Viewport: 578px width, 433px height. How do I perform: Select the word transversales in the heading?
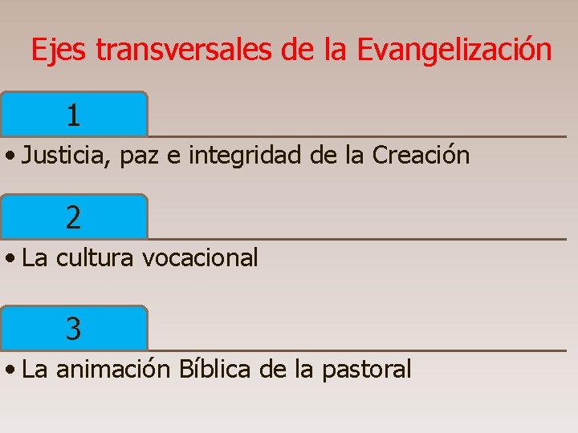(184, 51)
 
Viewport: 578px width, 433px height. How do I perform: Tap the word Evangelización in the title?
(454, 51)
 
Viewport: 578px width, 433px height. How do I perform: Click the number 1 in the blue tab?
(73, 116)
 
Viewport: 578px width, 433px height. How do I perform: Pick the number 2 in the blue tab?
(73, 217)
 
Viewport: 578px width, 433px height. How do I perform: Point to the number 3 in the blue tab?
(73, 328)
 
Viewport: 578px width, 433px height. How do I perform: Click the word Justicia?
(67, 156)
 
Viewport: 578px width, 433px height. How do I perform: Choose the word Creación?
(421, 156)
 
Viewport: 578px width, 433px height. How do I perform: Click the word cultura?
(95, 258)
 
